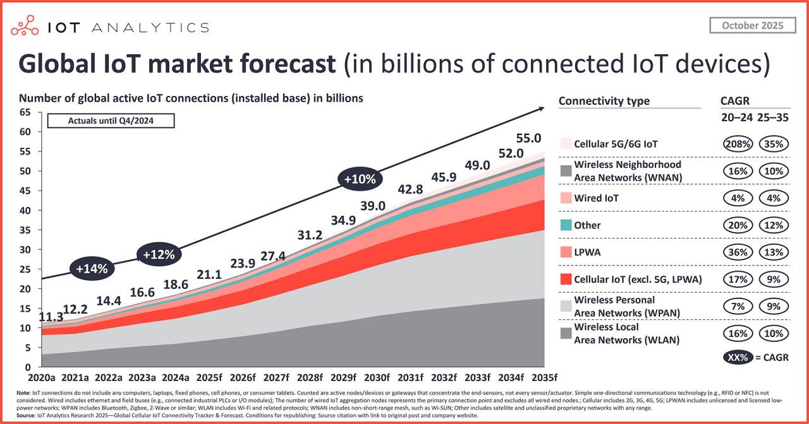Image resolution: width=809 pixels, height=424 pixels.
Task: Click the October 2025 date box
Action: pos(752,25)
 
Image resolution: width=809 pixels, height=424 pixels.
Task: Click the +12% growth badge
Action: pos(159,255)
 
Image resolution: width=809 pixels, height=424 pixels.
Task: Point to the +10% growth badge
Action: pos(360,179)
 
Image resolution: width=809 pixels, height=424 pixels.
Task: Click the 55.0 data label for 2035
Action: pos(529,138)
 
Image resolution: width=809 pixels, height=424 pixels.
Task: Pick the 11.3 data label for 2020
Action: pos(51,317)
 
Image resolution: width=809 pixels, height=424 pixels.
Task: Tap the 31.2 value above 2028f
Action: pos(310,235)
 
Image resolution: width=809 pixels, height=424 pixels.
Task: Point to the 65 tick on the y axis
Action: pos(25,112)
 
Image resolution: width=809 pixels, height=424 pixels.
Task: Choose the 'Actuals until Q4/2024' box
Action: pos(111,121)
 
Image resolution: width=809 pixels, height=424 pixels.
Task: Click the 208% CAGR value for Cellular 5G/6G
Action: pos(737,144)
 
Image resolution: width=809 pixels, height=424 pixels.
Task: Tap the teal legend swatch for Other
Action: pos(566,225)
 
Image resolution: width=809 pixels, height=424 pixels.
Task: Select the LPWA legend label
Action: pos(587,252)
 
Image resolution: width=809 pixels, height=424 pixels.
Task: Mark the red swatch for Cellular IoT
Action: pos(566,279)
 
